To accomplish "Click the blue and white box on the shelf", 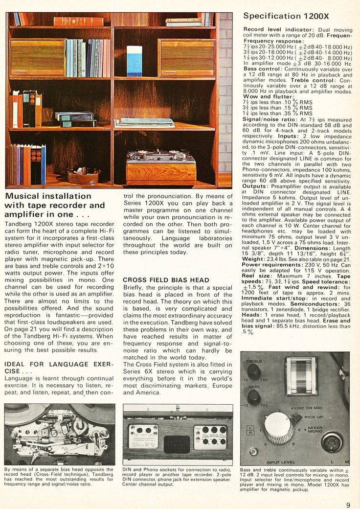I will click(134, 62).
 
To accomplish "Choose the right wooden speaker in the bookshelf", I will click(186, 57).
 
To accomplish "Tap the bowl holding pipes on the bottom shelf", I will click(83, 176).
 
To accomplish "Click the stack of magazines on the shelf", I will click(144, 122).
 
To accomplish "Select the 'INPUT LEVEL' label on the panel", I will click(280, 462).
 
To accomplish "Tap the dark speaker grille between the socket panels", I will click(177, 444).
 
